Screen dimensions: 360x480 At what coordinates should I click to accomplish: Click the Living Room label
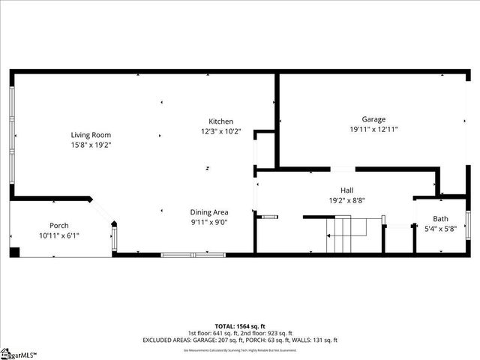[91, 135]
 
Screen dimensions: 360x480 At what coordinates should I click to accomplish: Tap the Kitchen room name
[220, 121]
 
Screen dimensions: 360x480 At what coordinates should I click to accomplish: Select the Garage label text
[373, 119]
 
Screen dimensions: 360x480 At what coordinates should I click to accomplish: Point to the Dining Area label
[209, 212]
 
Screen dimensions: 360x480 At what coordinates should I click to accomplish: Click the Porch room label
[59, 226]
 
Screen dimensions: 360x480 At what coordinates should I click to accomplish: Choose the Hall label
[346, 190]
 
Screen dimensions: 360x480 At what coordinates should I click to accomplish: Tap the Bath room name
[439, 218]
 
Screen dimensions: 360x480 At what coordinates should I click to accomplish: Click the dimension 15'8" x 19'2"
[91, 145]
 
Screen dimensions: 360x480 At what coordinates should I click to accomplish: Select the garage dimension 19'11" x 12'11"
[373, 129]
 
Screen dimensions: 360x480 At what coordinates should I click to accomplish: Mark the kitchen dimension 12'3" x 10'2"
[220, 131]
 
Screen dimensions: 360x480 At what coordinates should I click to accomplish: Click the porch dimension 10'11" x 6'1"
[59, 235]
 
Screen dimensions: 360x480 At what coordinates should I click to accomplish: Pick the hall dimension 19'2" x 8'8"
[346, 200]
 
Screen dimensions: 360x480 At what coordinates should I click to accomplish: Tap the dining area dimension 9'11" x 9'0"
[209, 222]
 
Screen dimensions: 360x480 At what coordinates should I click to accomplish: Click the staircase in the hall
[341, 235]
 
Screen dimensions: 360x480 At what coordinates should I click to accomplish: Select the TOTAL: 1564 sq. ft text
[240, 326]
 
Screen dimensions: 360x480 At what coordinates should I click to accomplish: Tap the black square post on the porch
[14, 251]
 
